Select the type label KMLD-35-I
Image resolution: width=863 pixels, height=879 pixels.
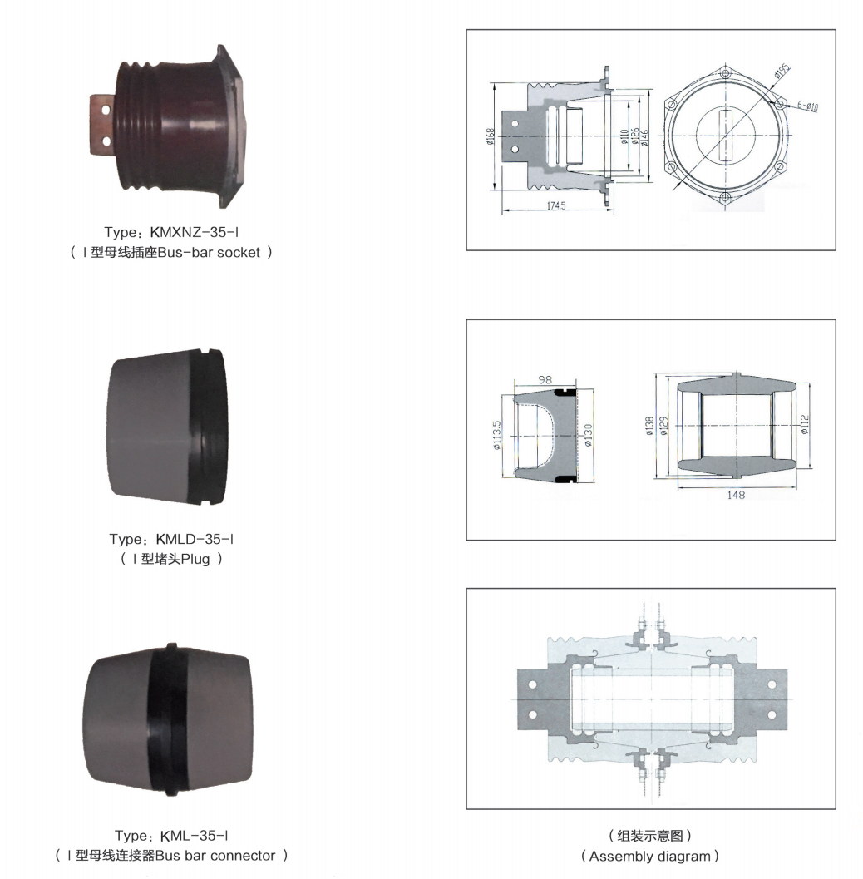(x=195, y=539)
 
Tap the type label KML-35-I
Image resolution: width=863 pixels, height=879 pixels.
(x=195, y=836)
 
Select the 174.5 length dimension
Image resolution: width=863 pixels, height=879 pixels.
(x=556, y=205)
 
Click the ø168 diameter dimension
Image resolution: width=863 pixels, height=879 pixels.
(x=491, y=136)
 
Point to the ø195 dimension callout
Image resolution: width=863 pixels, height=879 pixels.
(x=782, y=70)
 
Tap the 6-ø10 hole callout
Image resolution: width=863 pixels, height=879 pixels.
(x=808, y=106)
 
